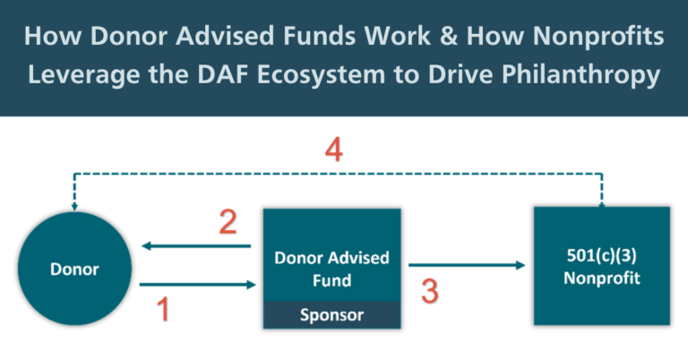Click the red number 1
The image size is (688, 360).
click(x=162, y=310)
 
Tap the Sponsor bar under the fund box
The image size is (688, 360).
click(x=331, y=315)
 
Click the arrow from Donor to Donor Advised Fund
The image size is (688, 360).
click(x=198, y=286)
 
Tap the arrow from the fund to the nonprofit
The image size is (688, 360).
click(x=467, y=265)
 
